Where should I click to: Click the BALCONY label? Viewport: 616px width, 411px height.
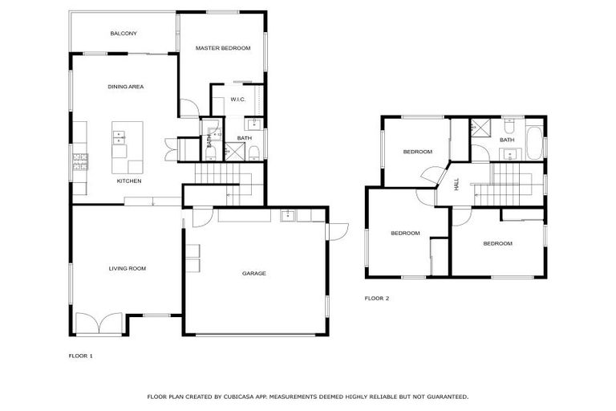click(x=124, y=34)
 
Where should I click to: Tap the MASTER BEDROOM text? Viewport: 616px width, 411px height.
click(x=223, y=49)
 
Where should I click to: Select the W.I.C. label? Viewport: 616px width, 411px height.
click(x=237, y=100)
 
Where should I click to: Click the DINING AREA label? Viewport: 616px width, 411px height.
click(x=125, y=86)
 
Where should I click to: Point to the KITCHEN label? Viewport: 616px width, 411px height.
click(x=129, y=181)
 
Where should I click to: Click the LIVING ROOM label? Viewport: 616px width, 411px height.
click(x=127, y=268)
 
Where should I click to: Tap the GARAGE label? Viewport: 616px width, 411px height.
click(x=254, y=274)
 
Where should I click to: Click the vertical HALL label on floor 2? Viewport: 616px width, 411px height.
click(x=456, y=185)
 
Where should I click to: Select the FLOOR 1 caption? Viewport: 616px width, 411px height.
click(x=80, y=355)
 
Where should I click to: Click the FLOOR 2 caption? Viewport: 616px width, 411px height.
click(x=376, y=298)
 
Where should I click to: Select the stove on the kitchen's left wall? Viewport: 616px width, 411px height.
click(x=80, y=163)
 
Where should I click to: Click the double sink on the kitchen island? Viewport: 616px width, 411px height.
click(x=120, y=137)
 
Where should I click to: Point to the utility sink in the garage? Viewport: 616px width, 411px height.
click(x=287, y=215)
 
